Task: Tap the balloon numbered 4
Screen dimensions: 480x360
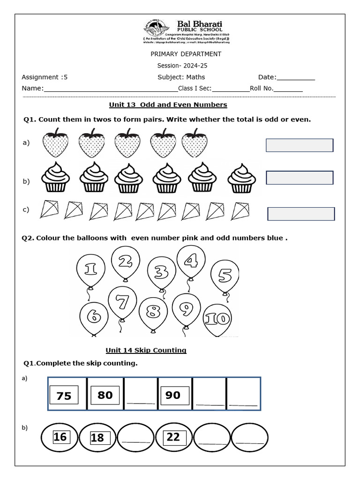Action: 191,262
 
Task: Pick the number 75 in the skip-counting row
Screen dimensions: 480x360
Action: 64,396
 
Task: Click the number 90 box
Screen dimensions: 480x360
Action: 173,395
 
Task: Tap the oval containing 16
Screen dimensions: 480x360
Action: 60,437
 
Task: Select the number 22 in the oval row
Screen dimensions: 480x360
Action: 173,437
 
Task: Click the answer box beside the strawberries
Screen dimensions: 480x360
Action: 300,145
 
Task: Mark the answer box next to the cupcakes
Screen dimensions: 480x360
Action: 300,178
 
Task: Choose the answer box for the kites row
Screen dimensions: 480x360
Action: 301,214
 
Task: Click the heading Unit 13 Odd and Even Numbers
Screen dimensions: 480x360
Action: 168,105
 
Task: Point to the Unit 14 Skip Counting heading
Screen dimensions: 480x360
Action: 146,350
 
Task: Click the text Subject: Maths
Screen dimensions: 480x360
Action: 181,77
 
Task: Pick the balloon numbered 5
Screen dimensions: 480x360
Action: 225,277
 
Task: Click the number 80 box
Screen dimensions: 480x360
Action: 105,395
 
